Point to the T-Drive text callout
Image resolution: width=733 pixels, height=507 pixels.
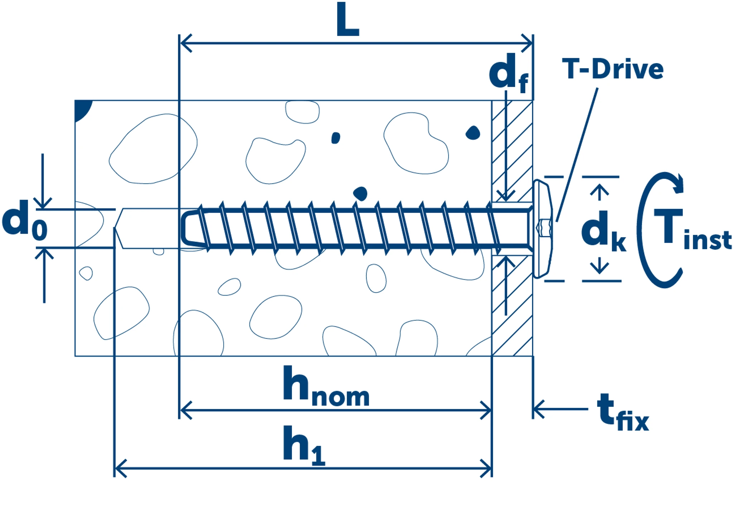coord(612,69)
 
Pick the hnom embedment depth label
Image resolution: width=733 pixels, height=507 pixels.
coord(326,387)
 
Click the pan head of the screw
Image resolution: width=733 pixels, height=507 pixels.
coord(542,229)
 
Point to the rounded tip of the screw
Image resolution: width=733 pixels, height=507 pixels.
coord(188,228)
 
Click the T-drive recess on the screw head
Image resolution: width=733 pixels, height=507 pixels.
coord(544,228)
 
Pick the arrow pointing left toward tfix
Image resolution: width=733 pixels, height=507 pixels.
coord(539,408)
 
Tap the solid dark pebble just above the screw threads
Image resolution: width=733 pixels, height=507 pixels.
coord(360,193)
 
